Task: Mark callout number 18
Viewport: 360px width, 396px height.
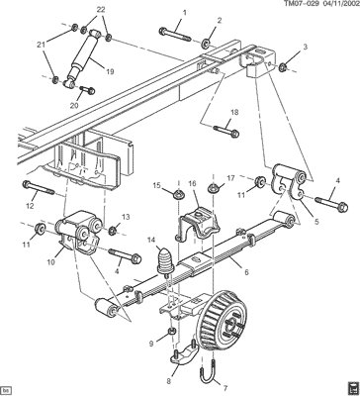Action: tap(234, 112)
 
